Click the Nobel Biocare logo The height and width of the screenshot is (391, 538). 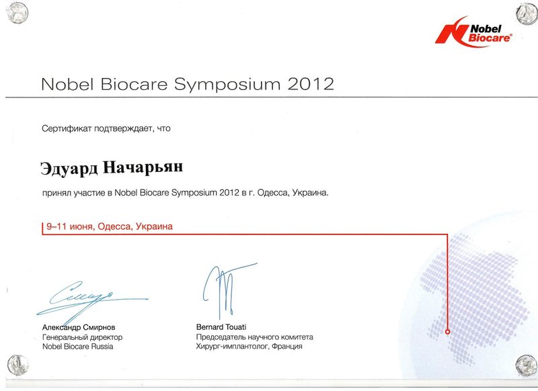point(473,32)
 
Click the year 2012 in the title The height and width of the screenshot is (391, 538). point(311,84)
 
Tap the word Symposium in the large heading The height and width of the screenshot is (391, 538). point(227,85)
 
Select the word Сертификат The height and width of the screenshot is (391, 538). point(67,128)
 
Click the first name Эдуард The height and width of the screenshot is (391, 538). point(69,168)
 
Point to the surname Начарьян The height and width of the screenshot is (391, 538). point(143,167)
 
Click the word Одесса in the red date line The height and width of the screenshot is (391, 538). point(114,226)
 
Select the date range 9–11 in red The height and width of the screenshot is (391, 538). point(56,226)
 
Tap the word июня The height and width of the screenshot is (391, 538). point(81,227)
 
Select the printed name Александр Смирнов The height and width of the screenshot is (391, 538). point(79,327)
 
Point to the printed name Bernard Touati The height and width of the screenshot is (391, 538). point(221,327)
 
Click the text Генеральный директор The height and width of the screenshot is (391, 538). point(82,337)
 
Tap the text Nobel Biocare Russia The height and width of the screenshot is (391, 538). point(78,347)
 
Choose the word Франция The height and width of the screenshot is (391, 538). point(287,347)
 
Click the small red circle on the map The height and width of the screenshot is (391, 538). point(447,332)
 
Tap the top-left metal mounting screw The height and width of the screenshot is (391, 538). point(17,13)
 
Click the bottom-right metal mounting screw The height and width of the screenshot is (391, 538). point(526,365)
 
